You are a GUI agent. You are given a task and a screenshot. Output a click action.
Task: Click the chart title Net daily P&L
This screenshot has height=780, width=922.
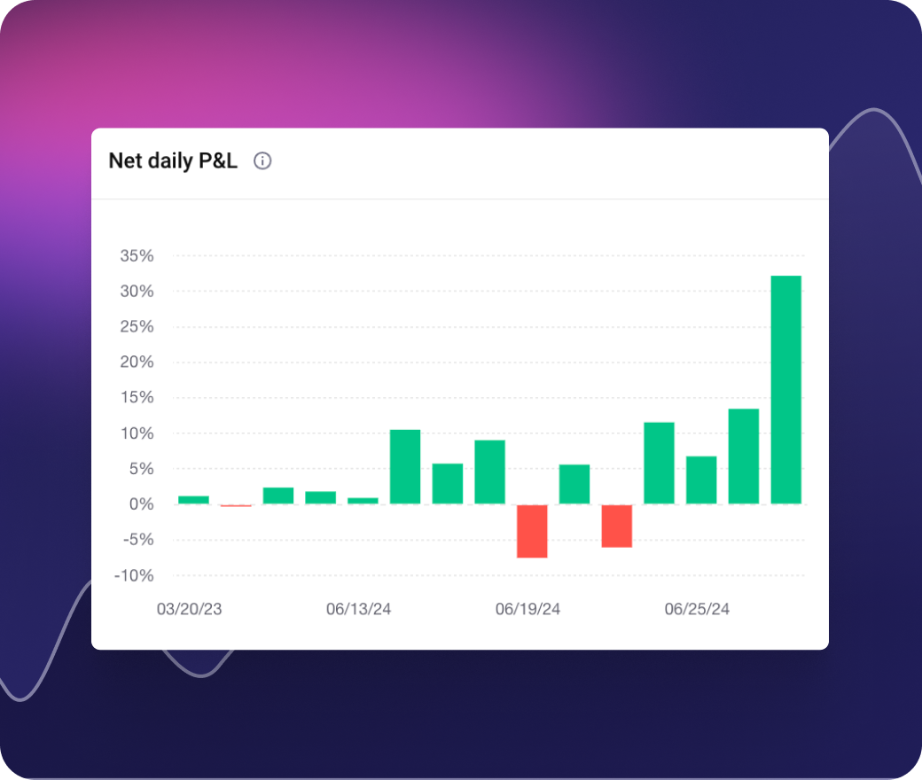(x=173, y=161)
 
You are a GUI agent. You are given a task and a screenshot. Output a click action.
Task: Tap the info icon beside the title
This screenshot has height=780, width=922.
(x=262, y=161)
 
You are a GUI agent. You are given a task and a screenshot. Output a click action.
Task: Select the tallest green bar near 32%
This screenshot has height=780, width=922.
(x=785, y=390)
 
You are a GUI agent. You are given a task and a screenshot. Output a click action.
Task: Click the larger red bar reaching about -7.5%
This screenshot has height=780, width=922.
(x=532, y=531)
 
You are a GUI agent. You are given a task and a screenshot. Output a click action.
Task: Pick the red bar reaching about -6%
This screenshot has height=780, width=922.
(x=617, y=526)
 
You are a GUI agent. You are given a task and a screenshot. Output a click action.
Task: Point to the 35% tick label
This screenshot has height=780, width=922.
(x=137, y=256)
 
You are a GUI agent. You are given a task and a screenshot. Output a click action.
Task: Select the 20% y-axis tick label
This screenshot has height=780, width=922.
(x=137, y=363)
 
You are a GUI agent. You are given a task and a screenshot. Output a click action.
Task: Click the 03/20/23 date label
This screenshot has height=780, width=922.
(x=190, y=610)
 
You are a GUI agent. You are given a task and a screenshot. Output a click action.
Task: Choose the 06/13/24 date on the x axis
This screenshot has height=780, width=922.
(x=359, y=610)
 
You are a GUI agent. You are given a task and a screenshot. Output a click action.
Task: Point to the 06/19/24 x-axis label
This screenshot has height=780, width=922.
(x=527, y=610)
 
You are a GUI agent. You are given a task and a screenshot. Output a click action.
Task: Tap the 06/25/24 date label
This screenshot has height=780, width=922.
(x=697, y=610)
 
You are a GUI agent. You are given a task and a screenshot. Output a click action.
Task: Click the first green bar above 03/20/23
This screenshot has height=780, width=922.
(x=193, y=500)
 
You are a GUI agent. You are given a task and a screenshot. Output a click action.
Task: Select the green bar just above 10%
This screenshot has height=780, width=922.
(x=405, y=467)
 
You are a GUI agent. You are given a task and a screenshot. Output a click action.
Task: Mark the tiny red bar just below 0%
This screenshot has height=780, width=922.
(x=236, y=505)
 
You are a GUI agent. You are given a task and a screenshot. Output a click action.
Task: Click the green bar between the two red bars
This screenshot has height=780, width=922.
(x=574, y=484)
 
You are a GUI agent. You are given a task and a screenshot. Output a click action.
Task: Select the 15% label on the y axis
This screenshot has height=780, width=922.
(x=137, y=398)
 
